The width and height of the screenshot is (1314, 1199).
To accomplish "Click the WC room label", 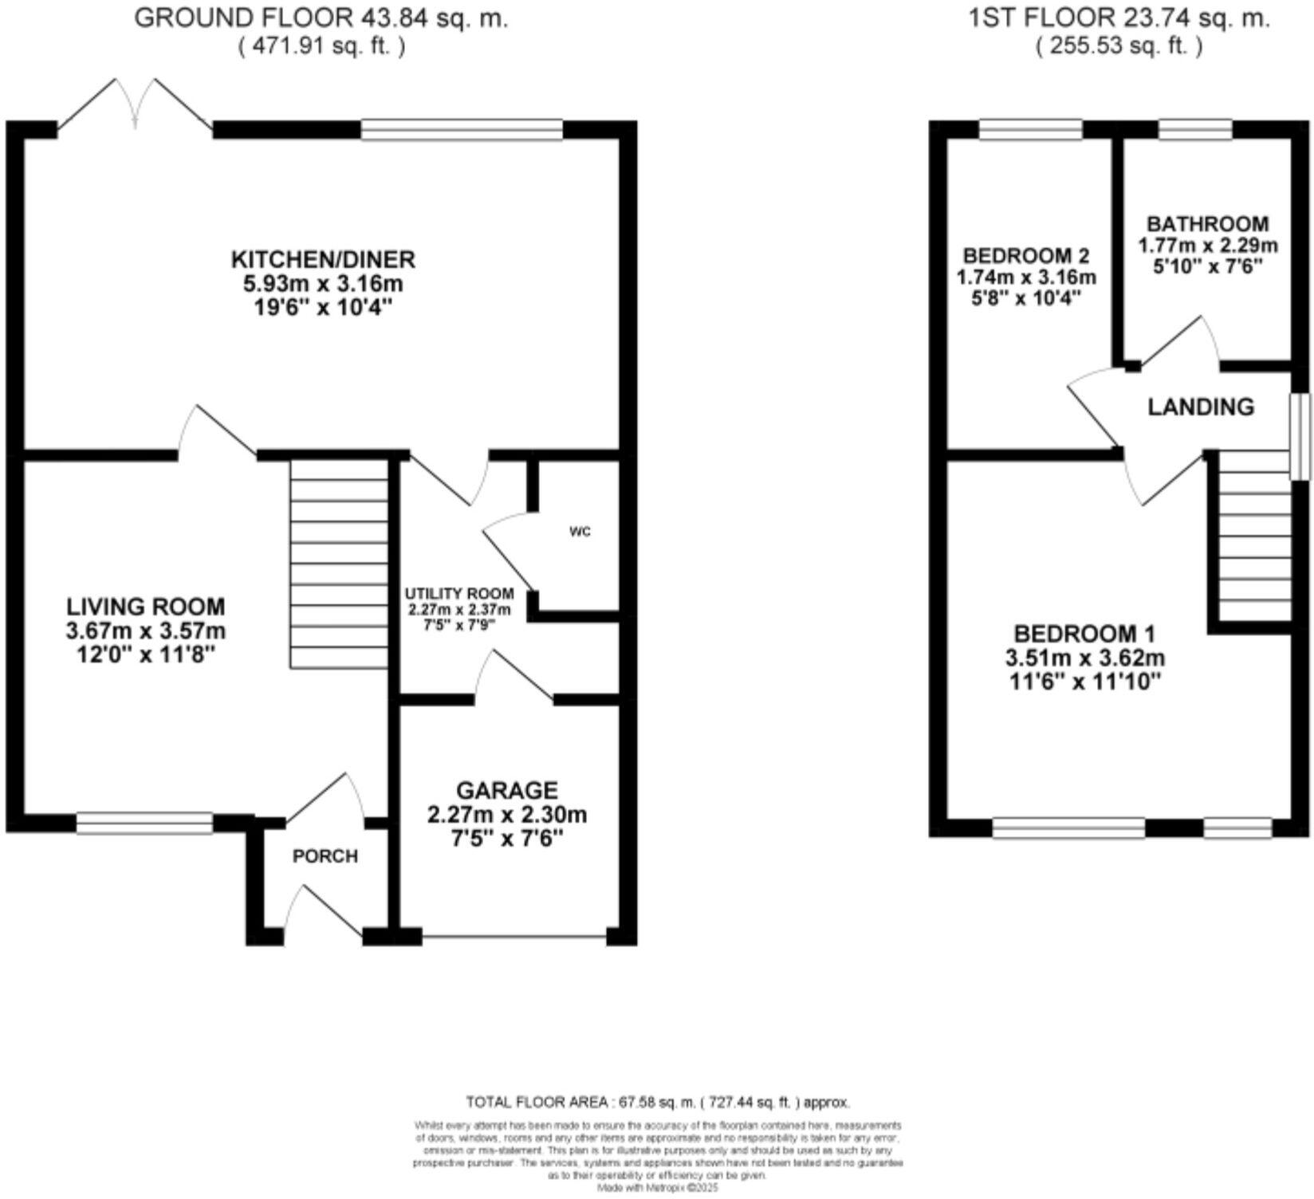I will (x=580, y=532).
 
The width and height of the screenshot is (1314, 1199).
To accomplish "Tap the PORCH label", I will (x=325, y=856).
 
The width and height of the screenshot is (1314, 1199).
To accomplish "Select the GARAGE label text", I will (x=507, y=790).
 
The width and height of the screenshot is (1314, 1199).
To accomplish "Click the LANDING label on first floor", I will (x=1201, y=407).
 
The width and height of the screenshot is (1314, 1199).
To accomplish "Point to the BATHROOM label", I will (x=1207, y=224).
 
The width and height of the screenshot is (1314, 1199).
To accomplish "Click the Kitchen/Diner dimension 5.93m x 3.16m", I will (x=322, y=284).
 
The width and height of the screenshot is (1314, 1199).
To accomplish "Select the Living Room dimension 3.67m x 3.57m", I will (x=146, y=631).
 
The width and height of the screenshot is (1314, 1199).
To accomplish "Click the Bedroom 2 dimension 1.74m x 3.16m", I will (x=1026, y=277).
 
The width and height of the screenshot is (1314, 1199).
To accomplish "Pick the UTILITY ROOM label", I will (x=458, y=594).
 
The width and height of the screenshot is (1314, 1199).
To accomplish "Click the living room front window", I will (x=145, y=823).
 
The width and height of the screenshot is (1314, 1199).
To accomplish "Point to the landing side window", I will (x=1300, y=436).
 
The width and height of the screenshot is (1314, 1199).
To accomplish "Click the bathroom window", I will (x=1194, y=129).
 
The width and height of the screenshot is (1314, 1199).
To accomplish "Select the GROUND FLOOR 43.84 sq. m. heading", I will (x=321, y=18).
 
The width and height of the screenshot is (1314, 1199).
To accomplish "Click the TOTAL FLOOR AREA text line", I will (x=658, y=1103).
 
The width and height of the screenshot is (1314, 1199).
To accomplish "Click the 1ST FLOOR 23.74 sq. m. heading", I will (x=1119, y=18).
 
